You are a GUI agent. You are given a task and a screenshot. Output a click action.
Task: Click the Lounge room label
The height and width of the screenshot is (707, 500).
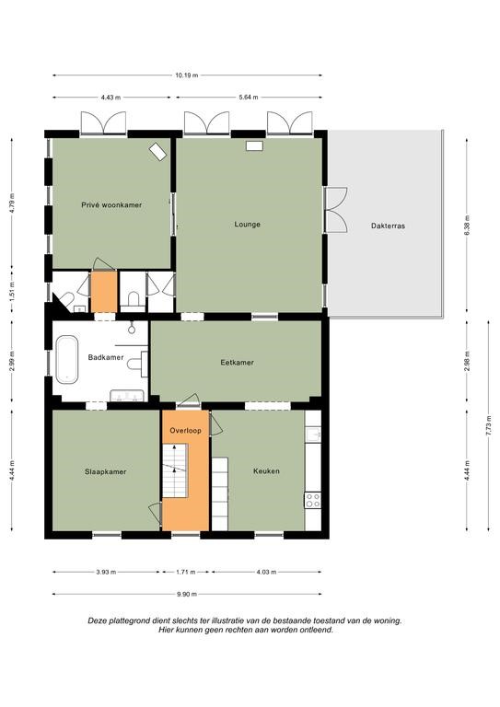(x=247, y=224)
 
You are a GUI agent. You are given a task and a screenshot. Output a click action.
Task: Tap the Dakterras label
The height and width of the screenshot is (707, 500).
(x=388, y=226)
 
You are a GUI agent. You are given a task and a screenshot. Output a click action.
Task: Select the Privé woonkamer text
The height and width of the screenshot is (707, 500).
(x=111, y=204)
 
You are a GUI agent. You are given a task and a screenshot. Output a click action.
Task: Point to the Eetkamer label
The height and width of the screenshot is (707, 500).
(x=238, y=362)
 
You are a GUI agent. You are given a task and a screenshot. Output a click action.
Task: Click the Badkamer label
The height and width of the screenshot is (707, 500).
(x=106, y=357)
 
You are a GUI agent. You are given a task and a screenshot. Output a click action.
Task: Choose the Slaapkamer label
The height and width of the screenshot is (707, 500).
(x=106, y=471)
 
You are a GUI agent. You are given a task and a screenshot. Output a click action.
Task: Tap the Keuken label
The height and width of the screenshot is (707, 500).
(x=266, y=470)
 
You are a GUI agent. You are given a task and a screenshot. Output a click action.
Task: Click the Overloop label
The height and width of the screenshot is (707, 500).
(x=185, y=430)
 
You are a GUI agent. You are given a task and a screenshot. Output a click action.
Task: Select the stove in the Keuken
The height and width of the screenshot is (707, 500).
(x=313, y=500)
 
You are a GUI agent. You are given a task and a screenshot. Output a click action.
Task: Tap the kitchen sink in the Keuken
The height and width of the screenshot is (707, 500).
(x=313, y=435)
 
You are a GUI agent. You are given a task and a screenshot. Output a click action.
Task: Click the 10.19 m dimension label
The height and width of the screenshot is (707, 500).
(x=187, y=75)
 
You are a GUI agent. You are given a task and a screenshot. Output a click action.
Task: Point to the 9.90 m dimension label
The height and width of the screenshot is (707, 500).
(x=187, y=594)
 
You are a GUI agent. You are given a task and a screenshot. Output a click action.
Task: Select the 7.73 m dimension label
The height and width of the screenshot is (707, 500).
(x=488, y=425)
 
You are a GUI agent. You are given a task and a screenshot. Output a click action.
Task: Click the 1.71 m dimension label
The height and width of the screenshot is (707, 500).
(x=185, y=573)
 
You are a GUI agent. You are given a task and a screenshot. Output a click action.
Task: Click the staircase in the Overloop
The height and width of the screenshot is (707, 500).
(x=175, y=470)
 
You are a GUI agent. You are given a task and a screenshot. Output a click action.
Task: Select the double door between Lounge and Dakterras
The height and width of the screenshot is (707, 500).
(x=335, y=210)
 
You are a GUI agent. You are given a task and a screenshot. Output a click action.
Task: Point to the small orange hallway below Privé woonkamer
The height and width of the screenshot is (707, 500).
(x=104, y=291)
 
